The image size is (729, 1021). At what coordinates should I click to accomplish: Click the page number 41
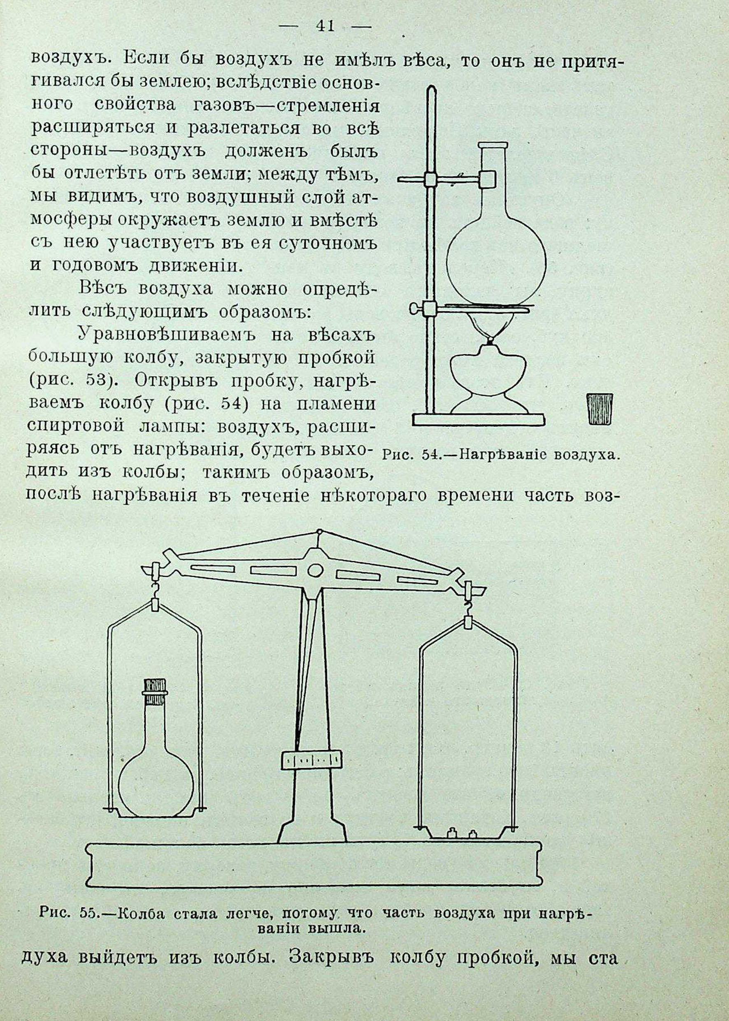(x=325, y=26)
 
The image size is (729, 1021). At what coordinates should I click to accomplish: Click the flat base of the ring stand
(x=478, y=420)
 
